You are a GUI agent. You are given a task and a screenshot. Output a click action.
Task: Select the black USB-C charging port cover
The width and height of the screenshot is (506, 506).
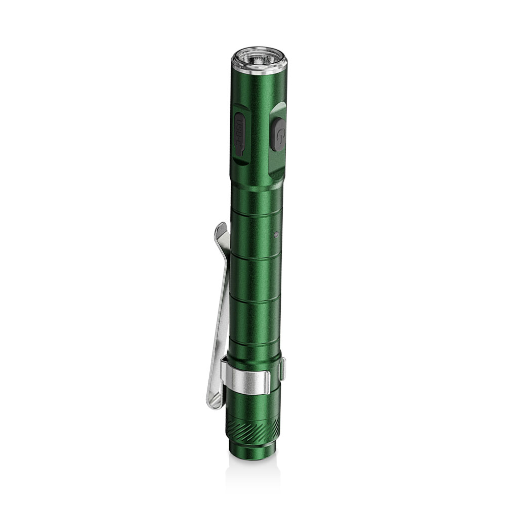(239, 134)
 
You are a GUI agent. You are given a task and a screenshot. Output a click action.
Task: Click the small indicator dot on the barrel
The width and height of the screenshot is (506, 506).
(275, 233)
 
